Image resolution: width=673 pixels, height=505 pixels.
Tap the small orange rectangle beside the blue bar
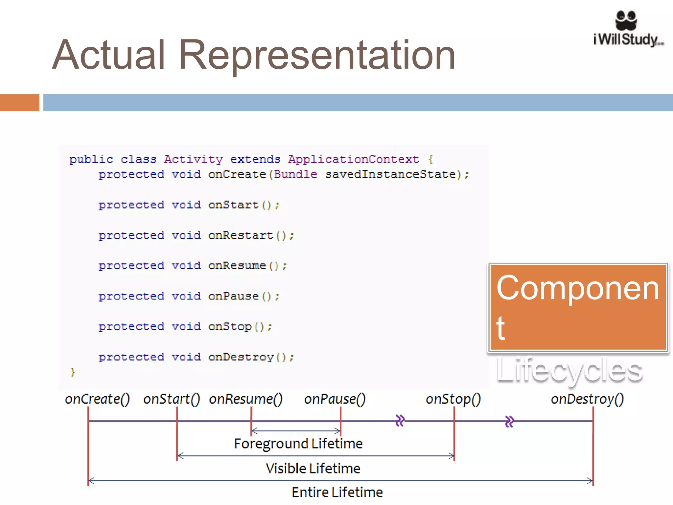pos(19,103)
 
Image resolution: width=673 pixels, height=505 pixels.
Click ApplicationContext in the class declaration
pos(354,159)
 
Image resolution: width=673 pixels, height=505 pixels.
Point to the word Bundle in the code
pos(295,174)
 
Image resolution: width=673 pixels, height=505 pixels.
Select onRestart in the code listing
pos(241,235)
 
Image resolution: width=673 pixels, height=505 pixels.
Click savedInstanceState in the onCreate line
pos(390,174)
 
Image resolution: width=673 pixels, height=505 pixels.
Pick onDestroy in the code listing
pos(241,357)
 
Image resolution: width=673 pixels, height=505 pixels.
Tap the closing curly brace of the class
pos(73,372)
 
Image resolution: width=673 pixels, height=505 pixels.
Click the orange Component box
pos(578,307)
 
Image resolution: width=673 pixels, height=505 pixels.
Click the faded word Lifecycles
pos(569,370)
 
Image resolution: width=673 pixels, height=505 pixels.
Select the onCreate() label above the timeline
pos(97,399)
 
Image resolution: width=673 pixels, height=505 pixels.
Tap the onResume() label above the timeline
pos(246,399)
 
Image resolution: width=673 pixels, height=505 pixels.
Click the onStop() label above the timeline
pos(453,399)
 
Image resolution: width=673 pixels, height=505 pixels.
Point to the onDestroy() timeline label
pos(587,399)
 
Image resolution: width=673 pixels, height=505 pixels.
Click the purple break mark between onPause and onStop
pos(400,421)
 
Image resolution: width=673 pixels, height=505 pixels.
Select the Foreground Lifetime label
pos(298,444)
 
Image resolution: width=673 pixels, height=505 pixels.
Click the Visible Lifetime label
pos(313,469)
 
